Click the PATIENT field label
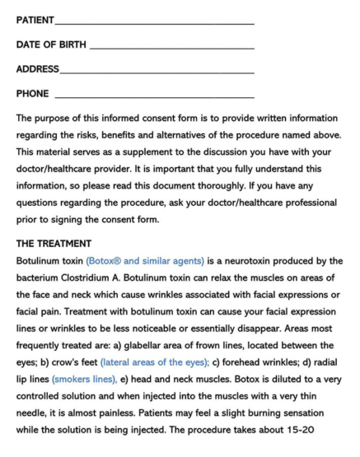[x=35, y=19]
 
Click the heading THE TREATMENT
[x=54, y=244]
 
